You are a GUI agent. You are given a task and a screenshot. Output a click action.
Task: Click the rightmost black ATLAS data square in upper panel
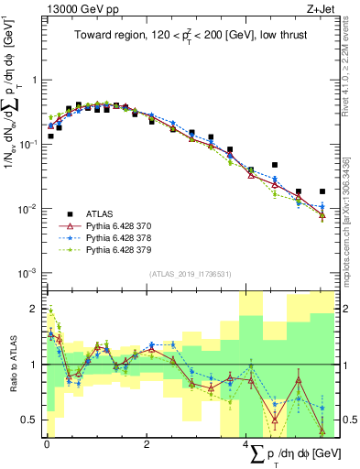[322, 191]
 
